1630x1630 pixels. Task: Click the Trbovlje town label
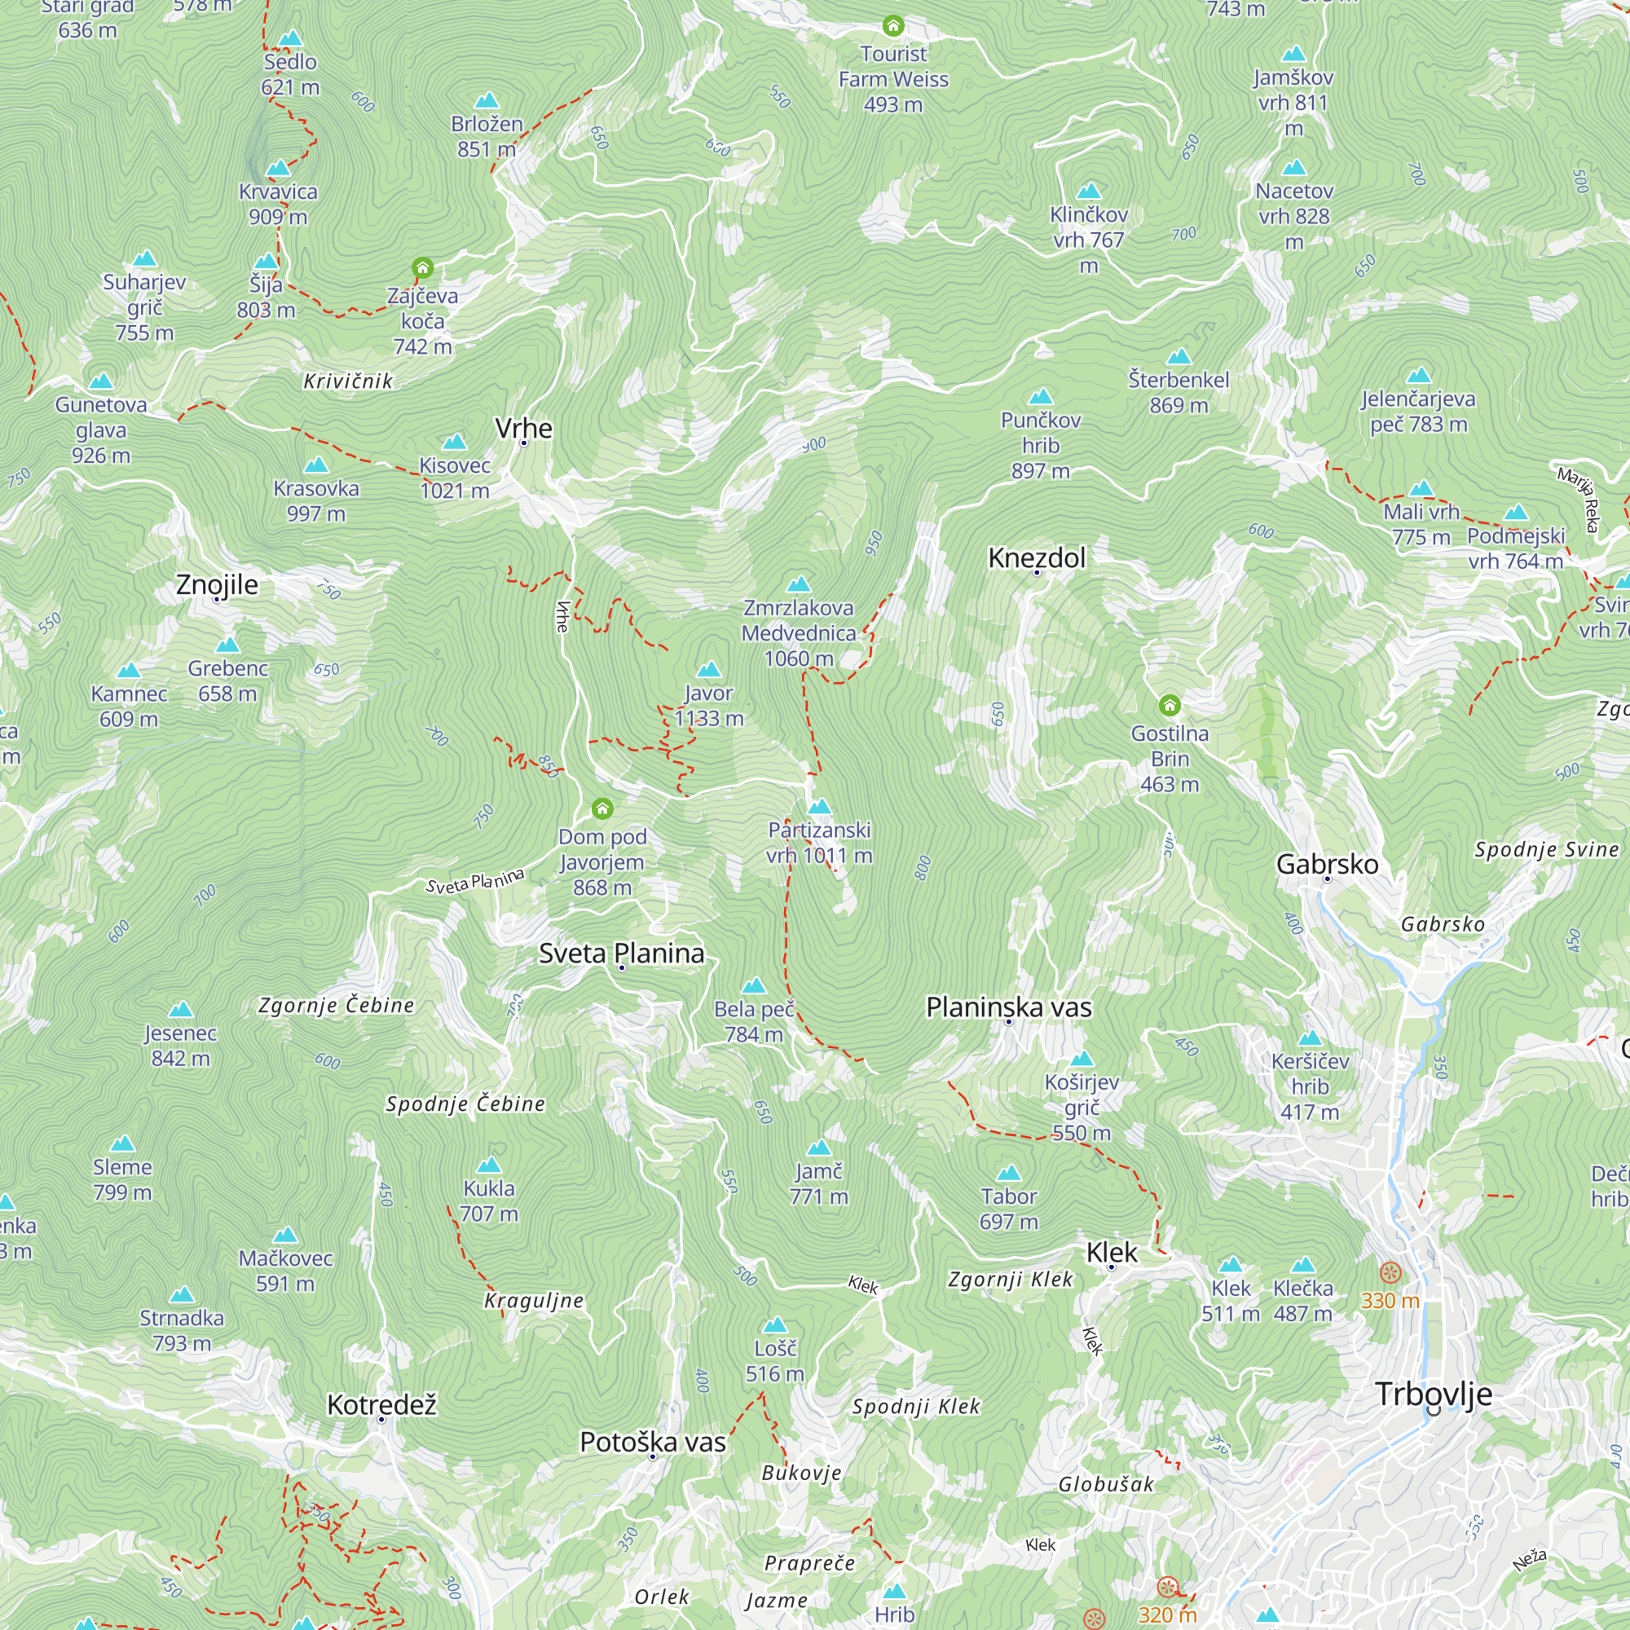pyautogui.click(x=1434, y=1394)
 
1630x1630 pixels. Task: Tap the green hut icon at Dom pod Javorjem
pyautogui.click(x=601, y=809)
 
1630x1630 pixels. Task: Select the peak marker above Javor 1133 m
pyautogui.click(x=709, y=670)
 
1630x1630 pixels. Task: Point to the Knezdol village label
pyautogui.click(x=1037, y=557)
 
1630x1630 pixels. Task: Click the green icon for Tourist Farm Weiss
pyautogui.click(x=892, y=26)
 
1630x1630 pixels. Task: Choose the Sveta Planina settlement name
pyautogui.click(x=622, y=954)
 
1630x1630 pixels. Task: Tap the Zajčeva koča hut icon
pyautogui.click(x=423, y=268)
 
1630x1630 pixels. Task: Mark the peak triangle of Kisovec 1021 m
pyautogui.click(x=454, y=442)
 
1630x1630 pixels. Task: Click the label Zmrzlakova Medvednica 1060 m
pyautogui.click(x=798, y=632)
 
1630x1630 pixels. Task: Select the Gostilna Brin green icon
pyautogui.click(x=1170, y=704)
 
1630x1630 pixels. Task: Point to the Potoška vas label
pyautogui.click(x=652, y=1442)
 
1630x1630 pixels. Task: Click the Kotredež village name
pyautogui.click(x=381, y=1405)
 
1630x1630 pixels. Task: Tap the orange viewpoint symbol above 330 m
pyautogui.click(x=1390, y=1272)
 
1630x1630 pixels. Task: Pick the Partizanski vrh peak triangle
pyautogui.click(x=819, y=807)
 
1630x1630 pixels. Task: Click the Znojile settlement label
pyautogui.click(x=217, y=584)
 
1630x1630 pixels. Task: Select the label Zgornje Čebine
pyautogui.click(x=337, y=1005)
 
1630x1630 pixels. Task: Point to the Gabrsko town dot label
pyautogui.click(x=1326, y=864)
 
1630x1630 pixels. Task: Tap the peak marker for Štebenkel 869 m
pyautogui.click(x=1178, y=357)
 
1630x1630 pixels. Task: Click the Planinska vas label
pyautogui.click(x=1008, y=1007)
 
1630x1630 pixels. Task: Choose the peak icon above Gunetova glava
pyautogui.click(x=101, y=381)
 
